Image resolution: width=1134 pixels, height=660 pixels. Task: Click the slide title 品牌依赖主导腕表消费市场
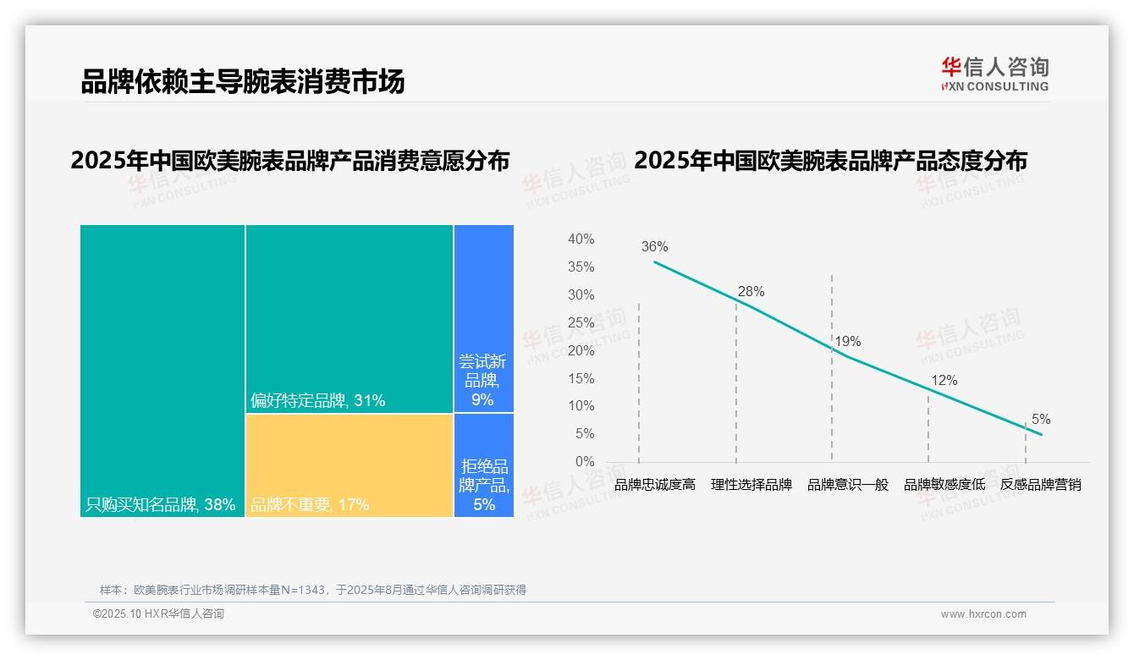tap(243, 81)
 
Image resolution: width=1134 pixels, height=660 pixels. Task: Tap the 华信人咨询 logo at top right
tap(994, 74)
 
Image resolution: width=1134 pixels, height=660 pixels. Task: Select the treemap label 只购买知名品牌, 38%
tap(161, 505)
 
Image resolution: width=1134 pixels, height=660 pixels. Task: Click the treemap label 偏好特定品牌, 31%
tap(318, 400)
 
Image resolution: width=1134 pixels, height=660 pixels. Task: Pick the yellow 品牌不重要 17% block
tap(350, 465)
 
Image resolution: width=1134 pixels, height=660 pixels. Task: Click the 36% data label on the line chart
tap(654, 247)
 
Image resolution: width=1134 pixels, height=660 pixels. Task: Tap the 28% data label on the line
tap(751, 292)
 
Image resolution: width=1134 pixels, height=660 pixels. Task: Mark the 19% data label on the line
tap(847, 342)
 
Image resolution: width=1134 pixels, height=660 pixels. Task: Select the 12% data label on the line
tap(944, 381)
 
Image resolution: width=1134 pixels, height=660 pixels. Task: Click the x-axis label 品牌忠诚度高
tap(655, 485)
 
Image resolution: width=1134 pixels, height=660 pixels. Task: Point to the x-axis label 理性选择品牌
tap(751, 485)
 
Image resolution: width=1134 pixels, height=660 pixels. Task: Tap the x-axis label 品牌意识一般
tap(848, 485)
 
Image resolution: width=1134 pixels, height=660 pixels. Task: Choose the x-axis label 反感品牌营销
tap(1040, 485)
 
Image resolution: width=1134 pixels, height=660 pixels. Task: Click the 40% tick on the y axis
tap(581, 239)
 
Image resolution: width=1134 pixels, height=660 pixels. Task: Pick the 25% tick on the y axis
tap(581, 322)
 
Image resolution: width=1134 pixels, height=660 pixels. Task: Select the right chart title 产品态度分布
tap(830, 160)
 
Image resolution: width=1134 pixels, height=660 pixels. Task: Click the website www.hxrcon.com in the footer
tap(983, 614)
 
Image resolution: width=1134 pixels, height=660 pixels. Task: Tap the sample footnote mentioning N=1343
tap(313, 590)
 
